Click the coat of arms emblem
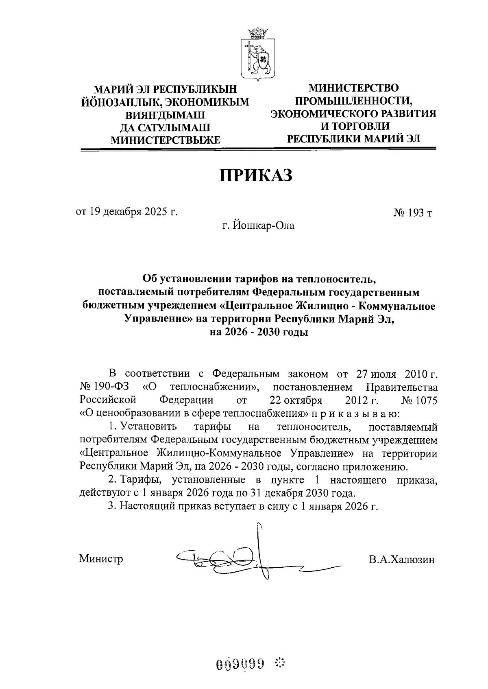pyautogui.click(x=257, y=55)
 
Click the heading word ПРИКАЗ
pyautogui.click(x=257, y=175)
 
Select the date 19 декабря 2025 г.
pyautogui.click(x=127, y=212)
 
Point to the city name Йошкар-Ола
pyautogui.click(x=258, y=225)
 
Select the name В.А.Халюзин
pyautogui.click(x=402, y=560)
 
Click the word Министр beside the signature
pyautogui.click(x=101, y=559)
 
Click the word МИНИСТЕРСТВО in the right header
pyautogui.click(x=353, y=88)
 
